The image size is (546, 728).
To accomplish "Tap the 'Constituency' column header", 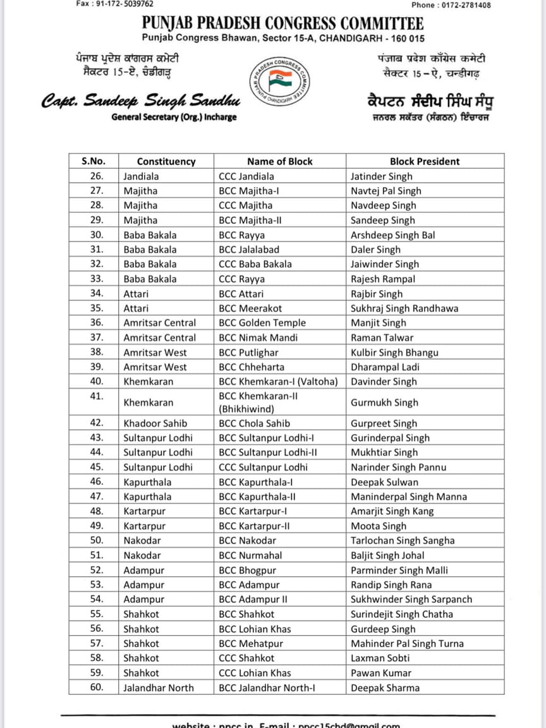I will point(166,161).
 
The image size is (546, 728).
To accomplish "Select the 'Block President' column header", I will point(425,161).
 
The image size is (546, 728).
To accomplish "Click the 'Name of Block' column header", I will point(279,161).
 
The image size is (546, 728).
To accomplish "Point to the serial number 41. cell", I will point(96,396).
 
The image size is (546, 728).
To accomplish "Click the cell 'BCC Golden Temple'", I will point(262,323).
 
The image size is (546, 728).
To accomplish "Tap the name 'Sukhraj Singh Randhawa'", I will point(404,308).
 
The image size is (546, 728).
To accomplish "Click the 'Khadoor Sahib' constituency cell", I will point(155,423).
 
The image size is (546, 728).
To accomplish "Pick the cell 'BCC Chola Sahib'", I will point(255,423).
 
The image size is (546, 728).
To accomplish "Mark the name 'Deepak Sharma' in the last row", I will point(385,688).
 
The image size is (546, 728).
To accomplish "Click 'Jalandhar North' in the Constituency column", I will point(159,688).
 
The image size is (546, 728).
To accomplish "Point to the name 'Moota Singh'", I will point(379,526).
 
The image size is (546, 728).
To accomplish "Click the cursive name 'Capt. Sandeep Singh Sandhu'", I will point(142,101).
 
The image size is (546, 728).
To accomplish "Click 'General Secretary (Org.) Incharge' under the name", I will point(174,117).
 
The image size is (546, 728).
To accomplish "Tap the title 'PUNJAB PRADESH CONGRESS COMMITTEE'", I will point(282,24).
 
